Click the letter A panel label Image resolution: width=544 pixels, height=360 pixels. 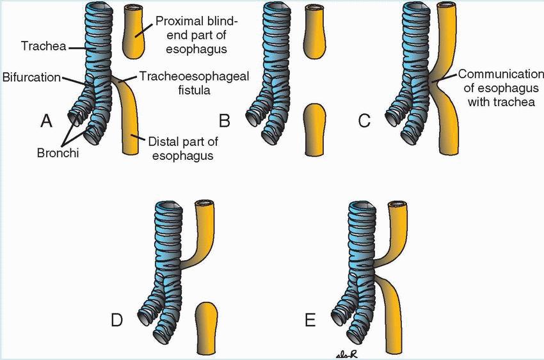click(45, 121)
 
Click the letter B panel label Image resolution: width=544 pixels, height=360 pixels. click(224, 121)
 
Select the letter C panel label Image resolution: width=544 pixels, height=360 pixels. click(364, 121)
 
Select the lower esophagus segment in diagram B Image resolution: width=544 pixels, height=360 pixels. click(314, 131)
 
